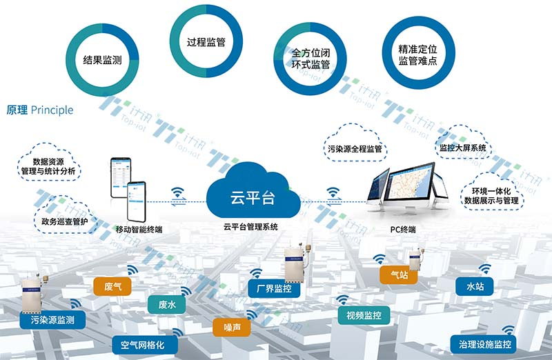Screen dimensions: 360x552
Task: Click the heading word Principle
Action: coord(52,110)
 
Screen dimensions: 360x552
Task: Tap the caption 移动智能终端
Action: coord(139,228)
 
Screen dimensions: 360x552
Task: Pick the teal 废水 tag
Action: coord(167,305)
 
